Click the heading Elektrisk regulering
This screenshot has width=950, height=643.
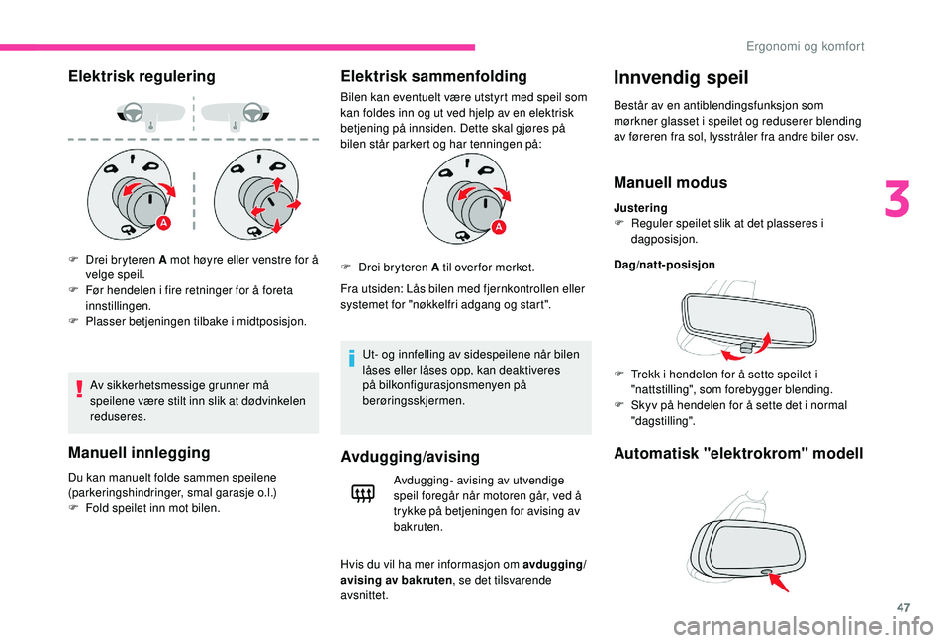(x=142, y=76)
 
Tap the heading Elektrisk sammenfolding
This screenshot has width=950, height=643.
(x=433, y=76)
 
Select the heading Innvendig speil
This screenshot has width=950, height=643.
(x=681, y=77)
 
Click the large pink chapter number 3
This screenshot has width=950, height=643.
(x=897, y=199)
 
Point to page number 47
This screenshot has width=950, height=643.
(x=903, y=607)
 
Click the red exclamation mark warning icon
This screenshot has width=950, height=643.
(x=79, y=387)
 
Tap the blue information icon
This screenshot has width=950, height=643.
(x=351, y=358)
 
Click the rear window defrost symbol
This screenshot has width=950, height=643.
(x=363, y=495)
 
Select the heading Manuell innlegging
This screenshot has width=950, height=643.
(x=140, y=453)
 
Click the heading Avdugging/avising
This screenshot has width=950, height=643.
(x=410, y=457)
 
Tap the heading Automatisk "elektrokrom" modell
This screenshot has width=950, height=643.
(x=738, y=453)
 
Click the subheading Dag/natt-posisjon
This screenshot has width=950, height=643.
(x=665, y=265)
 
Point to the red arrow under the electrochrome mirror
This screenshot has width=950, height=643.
(x=779, y=583)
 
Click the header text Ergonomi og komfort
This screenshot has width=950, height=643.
(x=806, y=46)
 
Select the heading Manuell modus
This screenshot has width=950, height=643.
(x=671, y=182)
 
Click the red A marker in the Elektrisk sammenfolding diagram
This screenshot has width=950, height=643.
(x=498, y=227)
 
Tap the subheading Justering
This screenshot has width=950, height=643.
(x=640, y=207)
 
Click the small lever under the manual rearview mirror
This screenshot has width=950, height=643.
(x=746, y=348)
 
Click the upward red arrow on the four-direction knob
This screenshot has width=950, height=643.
(x=277, y=184)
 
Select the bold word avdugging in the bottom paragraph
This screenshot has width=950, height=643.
(x=552, y=564)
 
